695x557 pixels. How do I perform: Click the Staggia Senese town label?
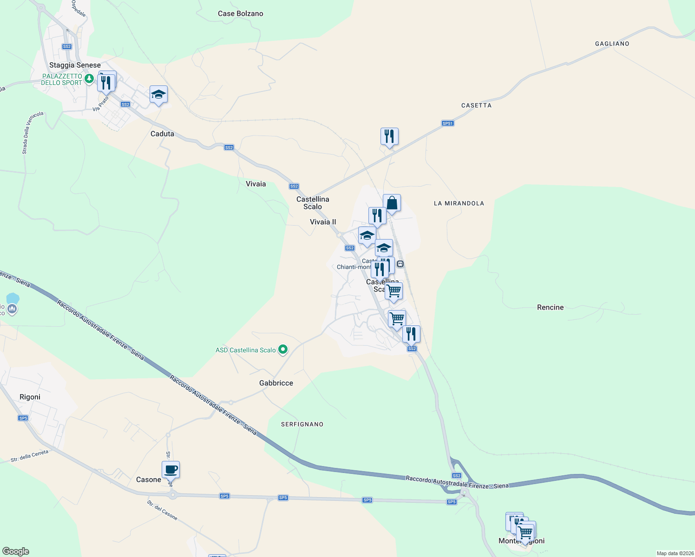tap(75, 65)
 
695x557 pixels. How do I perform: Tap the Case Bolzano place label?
tap(240, 14)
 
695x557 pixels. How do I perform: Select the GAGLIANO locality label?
tap(612, 44)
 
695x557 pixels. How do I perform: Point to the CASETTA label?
tap(476, 105)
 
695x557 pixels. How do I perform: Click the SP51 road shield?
tap(447, 123)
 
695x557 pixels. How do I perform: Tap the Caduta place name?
tap(162, 134)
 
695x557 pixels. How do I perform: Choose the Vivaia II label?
tap(323, 222)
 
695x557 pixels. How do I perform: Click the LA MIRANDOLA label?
tap(459, 203)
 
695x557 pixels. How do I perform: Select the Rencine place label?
tap(550, 307)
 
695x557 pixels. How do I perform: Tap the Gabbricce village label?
tap(276, 383)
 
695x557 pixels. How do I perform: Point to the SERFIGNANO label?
tap(302, 424)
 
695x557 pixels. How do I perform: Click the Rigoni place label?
tap(30, 397)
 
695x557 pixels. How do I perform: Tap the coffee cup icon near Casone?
tap(170, 469)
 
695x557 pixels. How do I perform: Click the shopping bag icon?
tap(392, 203)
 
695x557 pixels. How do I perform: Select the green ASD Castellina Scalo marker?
tap(282, 350)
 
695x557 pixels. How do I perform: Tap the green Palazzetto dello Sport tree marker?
tap(89, 78)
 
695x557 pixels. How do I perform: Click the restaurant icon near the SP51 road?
tap(389, 136)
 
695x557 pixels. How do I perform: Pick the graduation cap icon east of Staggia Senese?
tap(158, 94)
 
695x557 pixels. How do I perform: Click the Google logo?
tap(16, 551)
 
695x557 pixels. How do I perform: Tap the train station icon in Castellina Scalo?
tap(400, 264)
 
